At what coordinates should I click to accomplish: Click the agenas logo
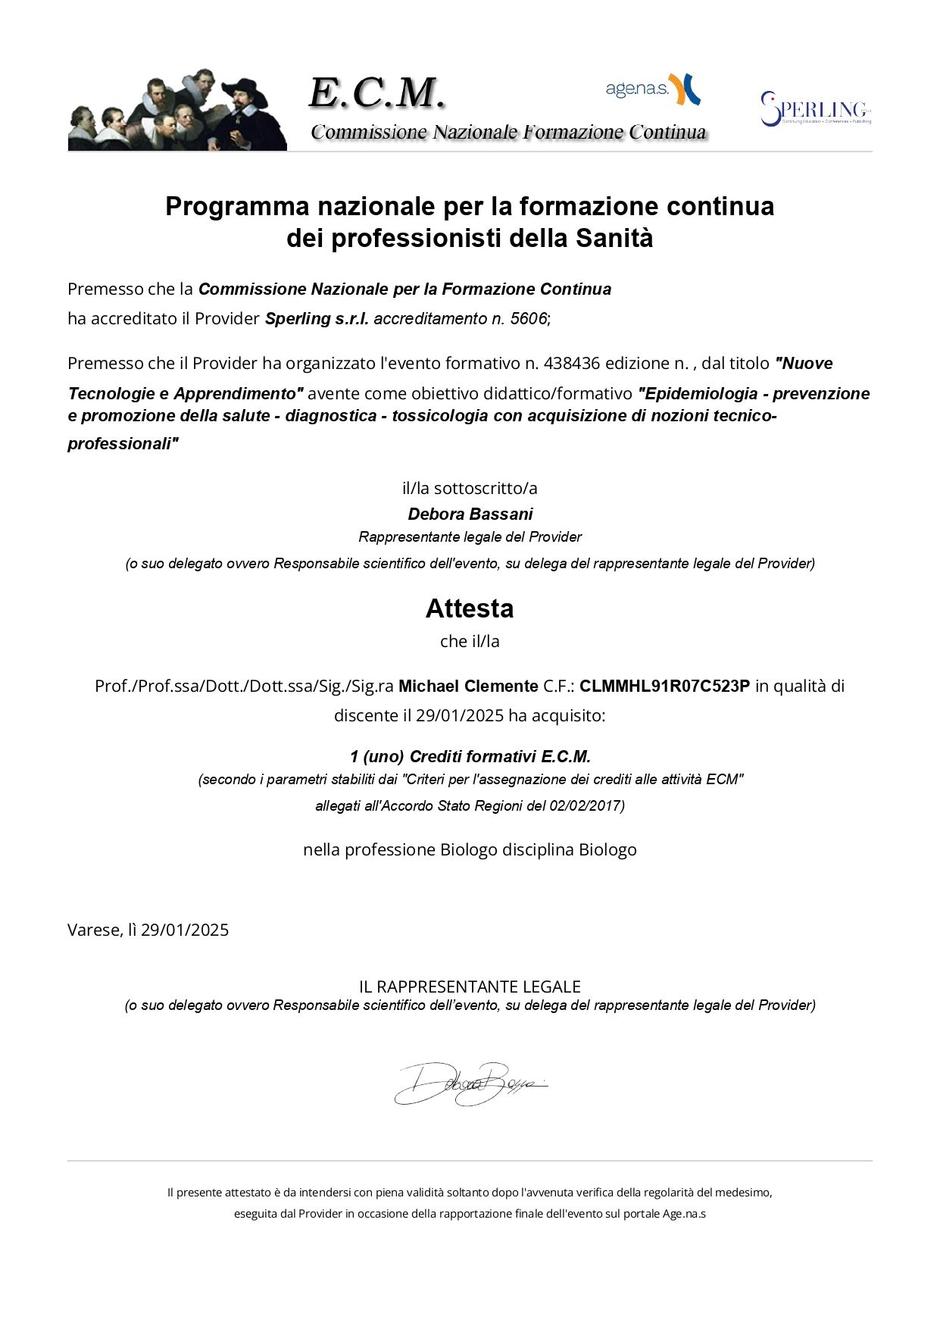[652, 89]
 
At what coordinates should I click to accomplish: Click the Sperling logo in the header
[816, 109]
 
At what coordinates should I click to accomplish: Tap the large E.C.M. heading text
[376, 93]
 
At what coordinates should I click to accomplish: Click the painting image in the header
[177, 111]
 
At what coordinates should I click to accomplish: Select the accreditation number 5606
[528, 319]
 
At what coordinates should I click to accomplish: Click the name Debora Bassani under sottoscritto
[470, 514]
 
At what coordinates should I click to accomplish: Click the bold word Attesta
[470, 608]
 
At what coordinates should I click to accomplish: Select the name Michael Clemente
[468, 686]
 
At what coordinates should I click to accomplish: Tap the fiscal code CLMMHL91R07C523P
[664, 686]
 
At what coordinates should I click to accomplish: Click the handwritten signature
[469, 1084]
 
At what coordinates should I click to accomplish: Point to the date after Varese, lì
[185, 930]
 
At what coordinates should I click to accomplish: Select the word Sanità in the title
[614, 239]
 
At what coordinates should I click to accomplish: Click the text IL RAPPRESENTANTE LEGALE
[470, 987]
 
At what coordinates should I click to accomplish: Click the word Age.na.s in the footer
[684, 1214]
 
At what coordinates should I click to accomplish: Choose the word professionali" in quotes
[123, 444]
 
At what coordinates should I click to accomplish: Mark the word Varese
[94, 930]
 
